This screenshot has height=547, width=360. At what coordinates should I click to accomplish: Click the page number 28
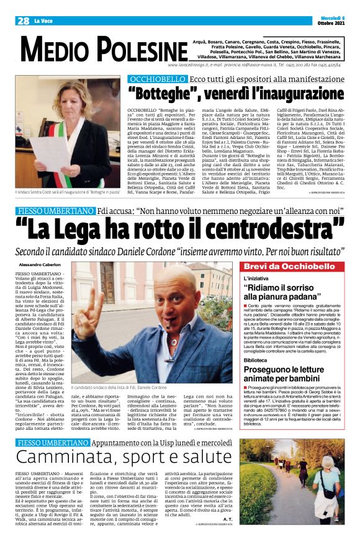23,20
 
